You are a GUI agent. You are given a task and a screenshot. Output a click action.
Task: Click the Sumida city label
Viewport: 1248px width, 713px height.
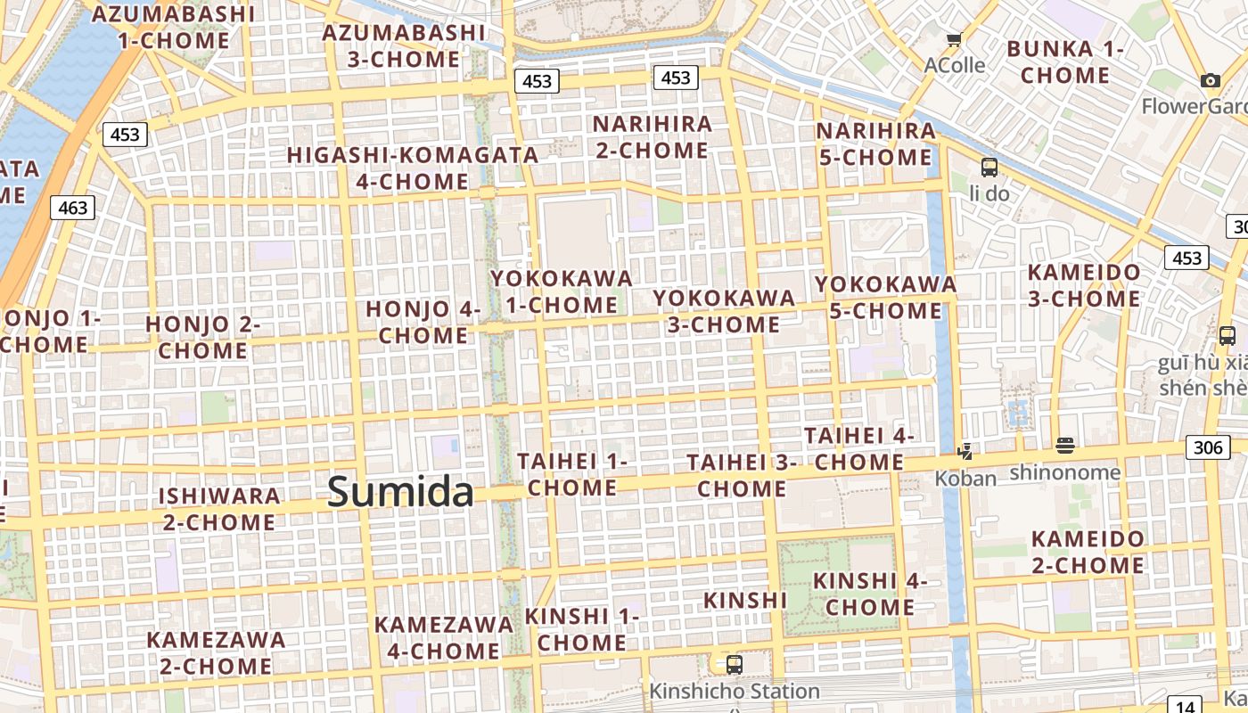pyautogui.click(x=400, y=491)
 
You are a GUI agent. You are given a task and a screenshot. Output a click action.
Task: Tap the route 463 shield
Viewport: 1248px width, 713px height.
pyautogui.click(x=72, y=208)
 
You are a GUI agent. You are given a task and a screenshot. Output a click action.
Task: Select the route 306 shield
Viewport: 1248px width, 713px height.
pyautogui.click(x=1208, y=447)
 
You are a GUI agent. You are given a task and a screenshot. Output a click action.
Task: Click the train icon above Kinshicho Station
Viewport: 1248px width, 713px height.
pyautogui.click(x=735, y=664)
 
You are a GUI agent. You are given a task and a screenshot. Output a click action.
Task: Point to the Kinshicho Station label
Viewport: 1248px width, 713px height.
pyautogui.click(x=734, y=691)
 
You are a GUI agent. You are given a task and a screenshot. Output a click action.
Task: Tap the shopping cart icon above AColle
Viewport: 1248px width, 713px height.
pyautogui.click(x=954, y=39)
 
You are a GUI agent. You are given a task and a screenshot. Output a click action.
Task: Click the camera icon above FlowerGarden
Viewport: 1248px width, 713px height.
pyautogui.click(x=1210, y=81)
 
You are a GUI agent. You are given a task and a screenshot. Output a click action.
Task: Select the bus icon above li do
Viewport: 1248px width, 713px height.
pyautogui.click(x=989, y=167)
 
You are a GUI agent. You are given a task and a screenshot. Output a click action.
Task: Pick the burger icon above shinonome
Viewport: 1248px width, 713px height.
pyautogui.click(x=1064, y=446)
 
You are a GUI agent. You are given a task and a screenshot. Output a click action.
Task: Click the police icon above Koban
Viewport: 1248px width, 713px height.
pyautogui.click(x=964, y=452)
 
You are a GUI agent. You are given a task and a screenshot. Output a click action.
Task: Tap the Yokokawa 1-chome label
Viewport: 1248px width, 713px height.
pyautogui.click(x=562, y=291)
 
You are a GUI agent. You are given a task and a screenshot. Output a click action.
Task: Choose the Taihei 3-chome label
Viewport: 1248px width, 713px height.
pyautogui.click(x=742, y=475)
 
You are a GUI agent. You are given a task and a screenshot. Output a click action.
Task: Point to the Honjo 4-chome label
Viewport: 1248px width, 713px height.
pyautogui.click(x=423, y=322)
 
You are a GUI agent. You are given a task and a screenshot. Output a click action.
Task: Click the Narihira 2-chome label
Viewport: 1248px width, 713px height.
pyautogui.click(x=653, y=136)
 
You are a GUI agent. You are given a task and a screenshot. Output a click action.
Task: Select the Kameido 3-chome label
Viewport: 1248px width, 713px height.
pyautogui.click(x=1084, y=285)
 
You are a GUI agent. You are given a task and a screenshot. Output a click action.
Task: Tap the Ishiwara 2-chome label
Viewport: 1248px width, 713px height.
pyautogui.click(x=219, y=508)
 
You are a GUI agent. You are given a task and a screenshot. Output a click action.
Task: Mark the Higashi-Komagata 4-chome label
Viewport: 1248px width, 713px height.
pyautogui.click(x=413, y=168)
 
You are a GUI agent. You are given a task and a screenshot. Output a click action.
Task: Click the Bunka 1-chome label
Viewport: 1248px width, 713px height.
pyautogui.click(x=1064, y=61)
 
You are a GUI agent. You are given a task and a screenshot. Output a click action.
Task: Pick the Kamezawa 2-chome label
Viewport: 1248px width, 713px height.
pyautogui.click(x=217, y=652)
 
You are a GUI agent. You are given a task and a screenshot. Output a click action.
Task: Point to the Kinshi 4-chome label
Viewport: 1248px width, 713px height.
pyautogui.click(x=870, y=594)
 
